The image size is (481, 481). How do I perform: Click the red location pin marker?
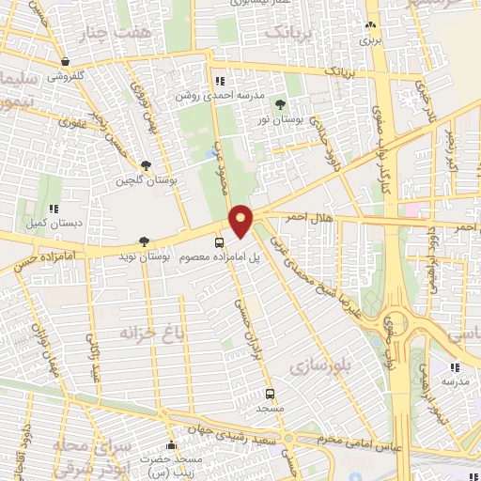point(241,221)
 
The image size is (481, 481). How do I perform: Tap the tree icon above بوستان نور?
point(281,104)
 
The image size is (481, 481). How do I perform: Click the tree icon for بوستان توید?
point(144,240)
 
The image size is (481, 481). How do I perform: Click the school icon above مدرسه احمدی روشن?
point(220,80)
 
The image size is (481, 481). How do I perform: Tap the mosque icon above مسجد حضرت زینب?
point(170,445)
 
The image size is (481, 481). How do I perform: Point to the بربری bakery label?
point(371,41)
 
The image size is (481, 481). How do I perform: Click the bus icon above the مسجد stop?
point(271,393)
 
